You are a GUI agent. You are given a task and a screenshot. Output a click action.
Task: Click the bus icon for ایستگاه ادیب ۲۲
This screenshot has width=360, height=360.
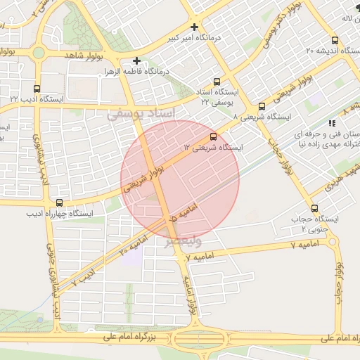point(37,88)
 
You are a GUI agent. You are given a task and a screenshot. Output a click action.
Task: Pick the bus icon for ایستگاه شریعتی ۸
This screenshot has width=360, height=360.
point(262,106)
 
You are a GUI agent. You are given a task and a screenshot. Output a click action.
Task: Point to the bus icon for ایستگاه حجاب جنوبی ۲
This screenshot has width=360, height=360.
point(314,208)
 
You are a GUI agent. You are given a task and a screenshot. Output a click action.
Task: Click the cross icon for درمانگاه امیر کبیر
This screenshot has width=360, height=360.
point(195,27)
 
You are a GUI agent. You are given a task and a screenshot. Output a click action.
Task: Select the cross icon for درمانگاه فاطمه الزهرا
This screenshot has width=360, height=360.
point(137,61)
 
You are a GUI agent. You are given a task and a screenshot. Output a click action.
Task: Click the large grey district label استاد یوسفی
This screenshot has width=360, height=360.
point(138,114)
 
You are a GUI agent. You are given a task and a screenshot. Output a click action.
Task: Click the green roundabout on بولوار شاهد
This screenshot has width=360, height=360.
point(38,53)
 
